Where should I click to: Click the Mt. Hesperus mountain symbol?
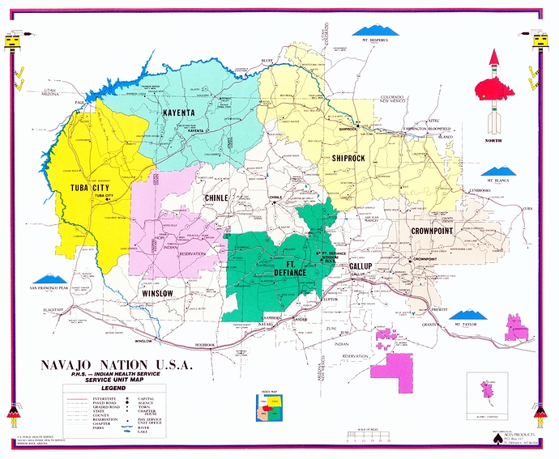point(376,31)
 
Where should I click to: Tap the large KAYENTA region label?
point(182,113)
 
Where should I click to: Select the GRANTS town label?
point(429,325)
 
